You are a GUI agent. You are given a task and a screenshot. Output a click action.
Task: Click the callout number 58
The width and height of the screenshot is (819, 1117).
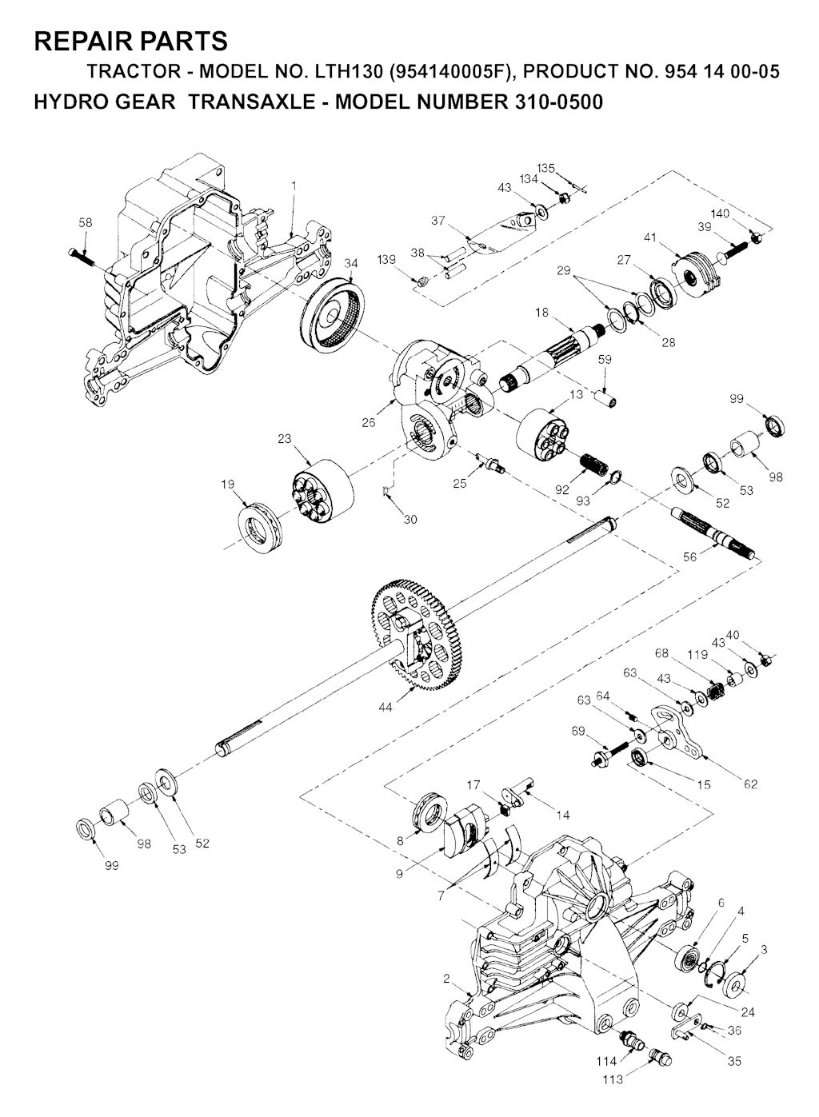[x=86, y=223]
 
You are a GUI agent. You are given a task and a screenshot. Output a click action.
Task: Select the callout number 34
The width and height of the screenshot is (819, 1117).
[x=351, y=264]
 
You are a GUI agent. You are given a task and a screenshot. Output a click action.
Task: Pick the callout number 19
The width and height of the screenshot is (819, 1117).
[x=228, y=485]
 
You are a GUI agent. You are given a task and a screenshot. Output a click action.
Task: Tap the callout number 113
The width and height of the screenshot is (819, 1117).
[x=613, y=1094]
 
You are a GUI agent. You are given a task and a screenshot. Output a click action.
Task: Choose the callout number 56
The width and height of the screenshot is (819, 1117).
[x=689, y=557]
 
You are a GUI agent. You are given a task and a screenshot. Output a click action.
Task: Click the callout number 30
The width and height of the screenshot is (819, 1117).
[x=410, y=520]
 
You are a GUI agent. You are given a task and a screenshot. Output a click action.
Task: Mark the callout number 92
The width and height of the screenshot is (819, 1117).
[x=562, y=489]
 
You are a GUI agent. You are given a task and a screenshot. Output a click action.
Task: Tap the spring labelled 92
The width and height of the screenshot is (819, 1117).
[x=594, y=465]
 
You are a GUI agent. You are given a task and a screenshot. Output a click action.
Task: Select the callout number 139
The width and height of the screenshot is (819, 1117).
[x=386, y=259]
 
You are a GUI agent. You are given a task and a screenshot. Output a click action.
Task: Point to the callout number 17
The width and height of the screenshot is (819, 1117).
[x=473, y=785]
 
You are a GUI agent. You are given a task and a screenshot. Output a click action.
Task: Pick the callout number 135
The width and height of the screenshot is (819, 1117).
[x=546, y=168]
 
